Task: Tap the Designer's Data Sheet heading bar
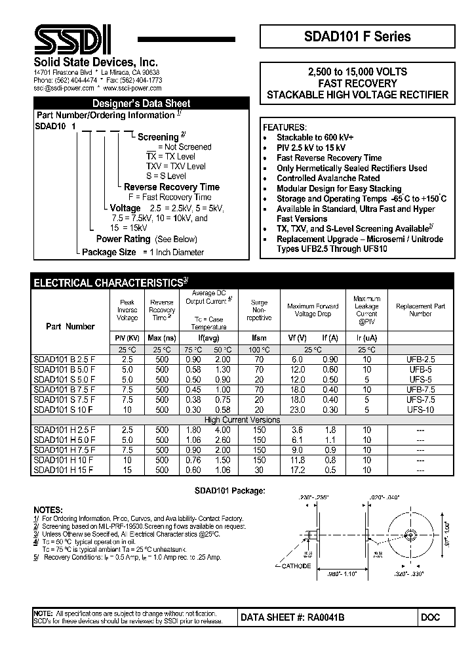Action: point(141,103)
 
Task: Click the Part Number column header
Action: point(70,326)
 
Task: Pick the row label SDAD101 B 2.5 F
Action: point(64,360)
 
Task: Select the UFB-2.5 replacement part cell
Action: point(420,360)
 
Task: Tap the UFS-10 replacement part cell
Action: point(420,409)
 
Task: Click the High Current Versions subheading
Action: point(242,420)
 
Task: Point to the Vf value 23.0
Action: point(297,409)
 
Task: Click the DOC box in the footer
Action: point(431,617)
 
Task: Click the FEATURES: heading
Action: point(285,127)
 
